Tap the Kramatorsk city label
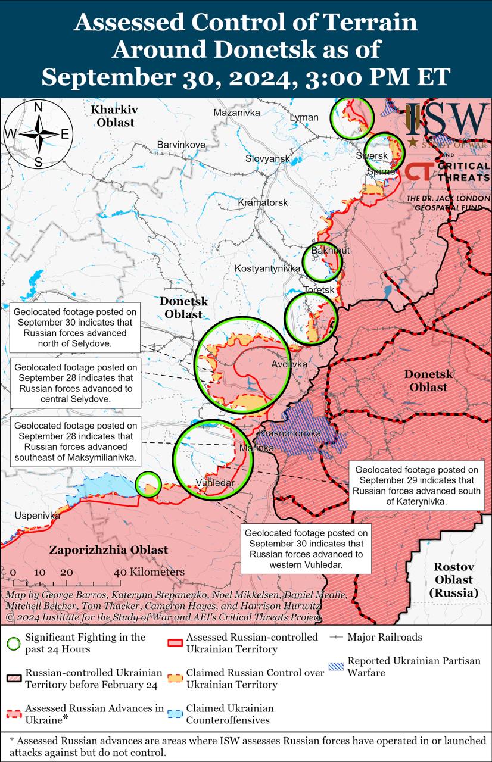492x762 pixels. pos(263,202)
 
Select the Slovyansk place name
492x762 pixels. pos(267,158)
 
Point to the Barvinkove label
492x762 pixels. pos(181,145)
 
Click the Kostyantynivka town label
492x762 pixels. pos(267,268)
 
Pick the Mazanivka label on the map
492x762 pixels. pos(236,112)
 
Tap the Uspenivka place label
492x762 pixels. pos(38,516)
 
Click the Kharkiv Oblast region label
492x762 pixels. pos(113,116)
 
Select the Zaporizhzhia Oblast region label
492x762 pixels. pos(108,550)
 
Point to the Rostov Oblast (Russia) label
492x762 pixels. pos(453,579)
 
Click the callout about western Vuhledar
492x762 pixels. pos(306,548)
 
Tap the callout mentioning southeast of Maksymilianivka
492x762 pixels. pos(75,442)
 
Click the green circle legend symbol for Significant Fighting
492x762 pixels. pos(14,643)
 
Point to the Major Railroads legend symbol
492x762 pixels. pos(337,637)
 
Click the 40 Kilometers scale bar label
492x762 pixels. pos(149,572)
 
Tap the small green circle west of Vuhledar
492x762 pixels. pos(148,484)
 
